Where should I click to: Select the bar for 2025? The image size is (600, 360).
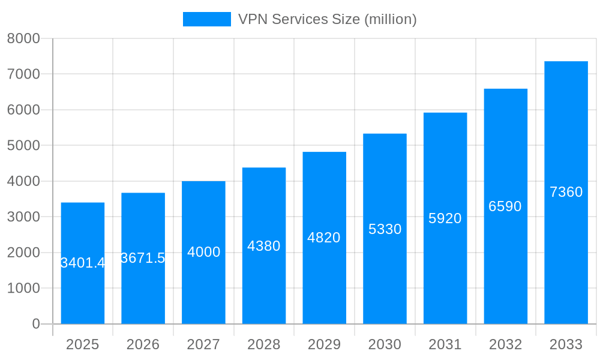point(83,288)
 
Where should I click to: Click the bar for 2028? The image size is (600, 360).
point(264,282)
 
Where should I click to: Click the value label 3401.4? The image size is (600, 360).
point(83,263)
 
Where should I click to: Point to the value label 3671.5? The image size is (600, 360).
point(143,258)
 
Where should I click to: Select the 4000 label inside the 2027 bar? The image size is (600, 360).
point(204,252)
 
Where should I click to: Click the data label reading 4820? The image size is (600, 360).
point(324,238)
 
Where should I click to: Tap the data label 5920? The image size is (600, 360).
point(445,218)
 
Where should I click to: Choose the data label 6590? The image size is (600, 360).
point(505,206)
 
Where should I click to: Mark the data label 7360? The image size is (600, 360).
point(566,192)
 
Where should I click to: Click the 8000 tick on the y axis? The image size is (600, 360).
point(23,38)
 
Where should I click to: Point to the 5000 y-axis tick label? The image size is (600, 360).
point(23,145)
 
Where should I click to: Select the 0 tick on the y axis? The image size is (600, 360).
point(35,324)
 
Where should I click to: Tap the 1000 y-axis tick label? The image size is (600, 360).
point(23,288)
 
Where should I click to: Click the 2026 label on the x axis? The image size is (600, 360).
point(143,344)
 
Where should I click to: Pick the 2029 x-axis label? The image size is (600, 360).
point(324,344)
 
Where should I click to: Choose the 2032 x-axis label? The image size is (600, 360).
point(505,344)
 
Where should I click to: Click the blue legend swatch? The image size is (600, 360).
point(206,19)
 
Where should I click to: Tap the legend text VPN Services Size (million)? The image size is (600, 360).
point(327,19)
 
